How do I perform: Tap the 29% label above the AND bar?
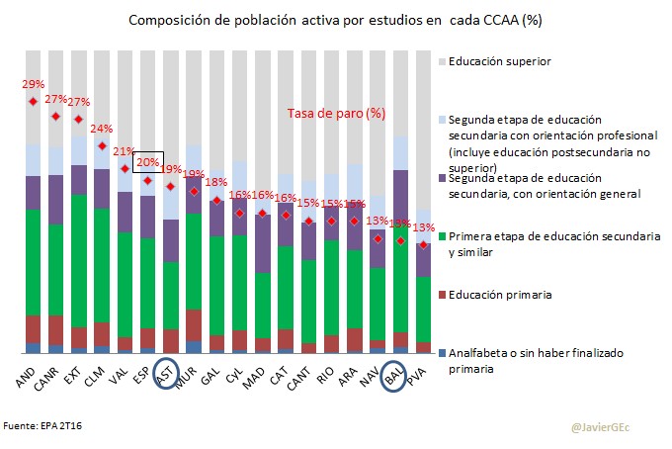click(33, 85)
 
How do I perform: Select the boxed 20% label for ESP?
click(147, 161)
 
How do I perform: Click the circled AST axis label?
click(167, 375)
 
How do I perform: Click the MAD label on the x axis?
click(257, 374)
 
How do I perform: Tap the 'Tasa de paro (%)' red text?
click(336, 114)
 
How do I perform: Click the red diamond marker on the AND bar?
click(33, 101)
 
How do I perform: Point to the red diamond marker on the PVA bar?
click(423, 244)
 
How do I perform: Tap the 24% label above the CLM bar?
click(101, 130)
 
